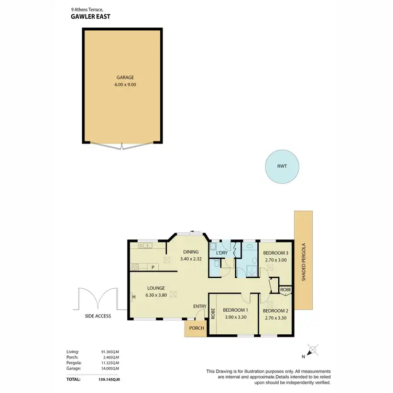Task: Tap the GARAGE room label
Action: coord(122,78)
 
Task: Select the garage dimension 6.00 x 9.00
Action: coord(122,85)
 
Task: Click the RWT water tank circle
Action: coord(282,167)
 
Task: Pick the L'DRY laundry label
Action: coord(222,254)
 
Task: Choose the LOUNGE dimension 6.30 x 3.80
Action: coord(156,295)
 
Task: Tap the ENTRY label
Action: coord(200,307)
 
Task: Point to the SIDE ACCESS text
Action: coord(97,316)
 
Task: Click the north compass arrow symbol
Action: coord(313,350)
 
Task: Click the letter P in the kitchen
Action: coord(153,267)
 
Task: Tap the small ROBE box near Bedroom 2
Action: coord(286,289)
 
